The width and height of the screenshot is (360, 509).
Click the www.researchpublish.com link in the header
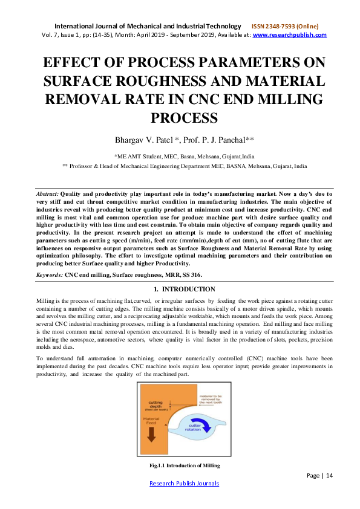pos(289,35)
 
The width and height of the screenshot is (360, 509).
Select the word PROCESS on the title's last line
pos(179,118)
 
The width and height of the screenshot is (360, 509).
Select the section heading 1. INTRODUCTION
pos(180,290)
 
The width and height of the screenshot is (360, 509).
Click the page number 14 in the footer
pos(330,476)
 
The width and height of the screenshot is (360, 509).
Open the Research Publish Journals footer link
pos(184,483)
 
